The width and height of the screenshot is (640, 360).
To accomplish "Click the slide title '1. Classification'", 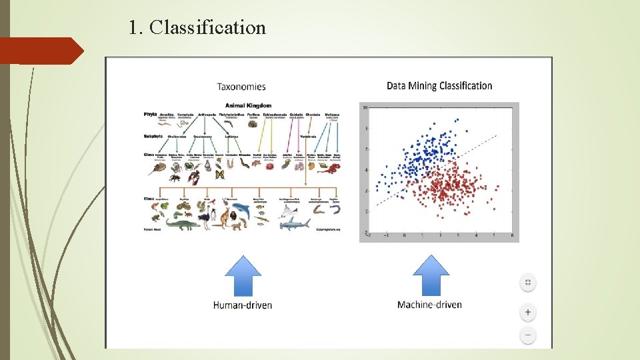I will point(197,28).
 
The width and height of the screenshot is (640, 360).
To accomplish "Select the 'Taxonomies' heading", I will point(241,86).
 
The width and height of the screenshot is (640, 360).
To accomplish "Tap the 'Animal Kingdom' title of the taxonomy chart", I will point(248,105).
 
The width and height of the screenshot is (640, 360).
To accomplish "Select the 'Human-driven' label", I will point(242,305).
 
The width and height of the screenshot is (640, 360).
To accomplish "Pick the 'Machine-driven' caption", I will point(429,305).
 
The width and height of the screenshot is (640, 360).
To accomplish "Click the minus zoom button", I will point(527,335).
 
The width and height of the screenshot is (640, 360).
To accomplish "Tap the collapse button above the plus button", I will point(527,282).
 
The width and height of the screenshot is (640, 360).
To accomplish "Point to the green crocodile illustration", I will point(182,224).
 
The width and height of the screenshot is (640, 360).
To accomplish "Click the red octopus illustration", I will point(329,169).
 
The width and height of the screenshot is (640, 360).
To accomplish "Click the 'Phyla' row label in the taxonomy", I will point(150,114).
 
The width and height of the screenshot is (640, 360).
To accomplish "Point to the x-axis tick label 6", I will point(511,235).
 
